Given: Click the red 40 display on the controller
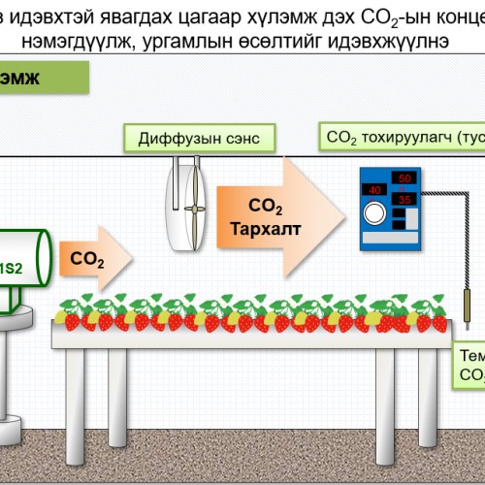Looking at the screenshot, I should (373, 190).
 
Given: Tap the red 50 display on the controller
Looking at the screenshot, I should (405, 179).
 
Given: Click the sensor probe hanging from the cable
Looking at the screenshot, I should (466, 310).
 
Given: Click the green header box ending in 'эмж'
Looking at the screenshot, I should (44, 79).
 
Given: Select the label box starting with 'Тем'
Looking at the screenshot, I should (469, 364).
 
